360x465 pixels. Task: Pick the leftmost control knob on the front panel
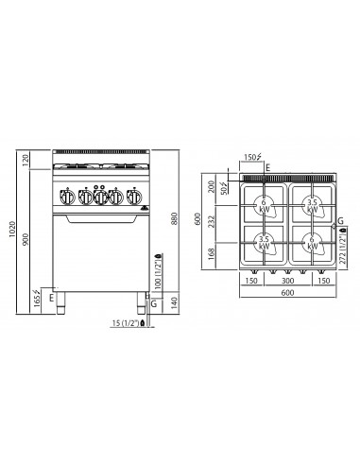66,197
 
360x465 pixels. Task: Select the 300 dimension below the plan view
286,282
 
